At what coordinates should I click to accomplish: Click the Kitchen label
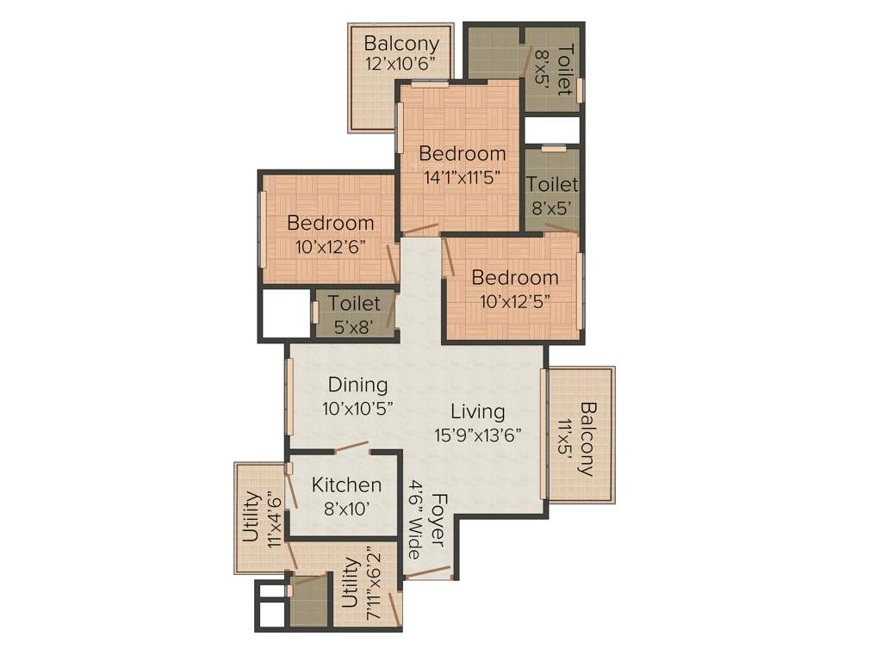346,485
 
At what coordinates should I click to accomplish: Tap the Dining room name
357,385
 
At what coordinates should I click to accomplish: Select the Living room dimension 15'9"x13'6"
478,435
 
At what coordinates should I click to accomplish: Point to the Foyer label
439,520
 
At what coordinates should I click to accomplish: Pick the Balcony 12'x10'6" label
401,53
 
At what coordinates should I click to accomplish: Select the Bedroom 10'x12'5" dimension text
513,300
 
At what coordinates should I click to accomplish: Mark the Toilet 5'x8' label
354,314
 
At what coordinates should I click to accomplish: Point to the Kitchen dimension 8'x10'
346,508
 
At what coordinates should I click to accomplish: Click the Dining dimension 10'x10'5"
357,408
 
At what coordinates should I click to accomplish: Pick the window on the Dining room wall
290,397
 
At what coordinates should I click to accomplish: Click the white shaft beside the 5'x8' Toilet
286,314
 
